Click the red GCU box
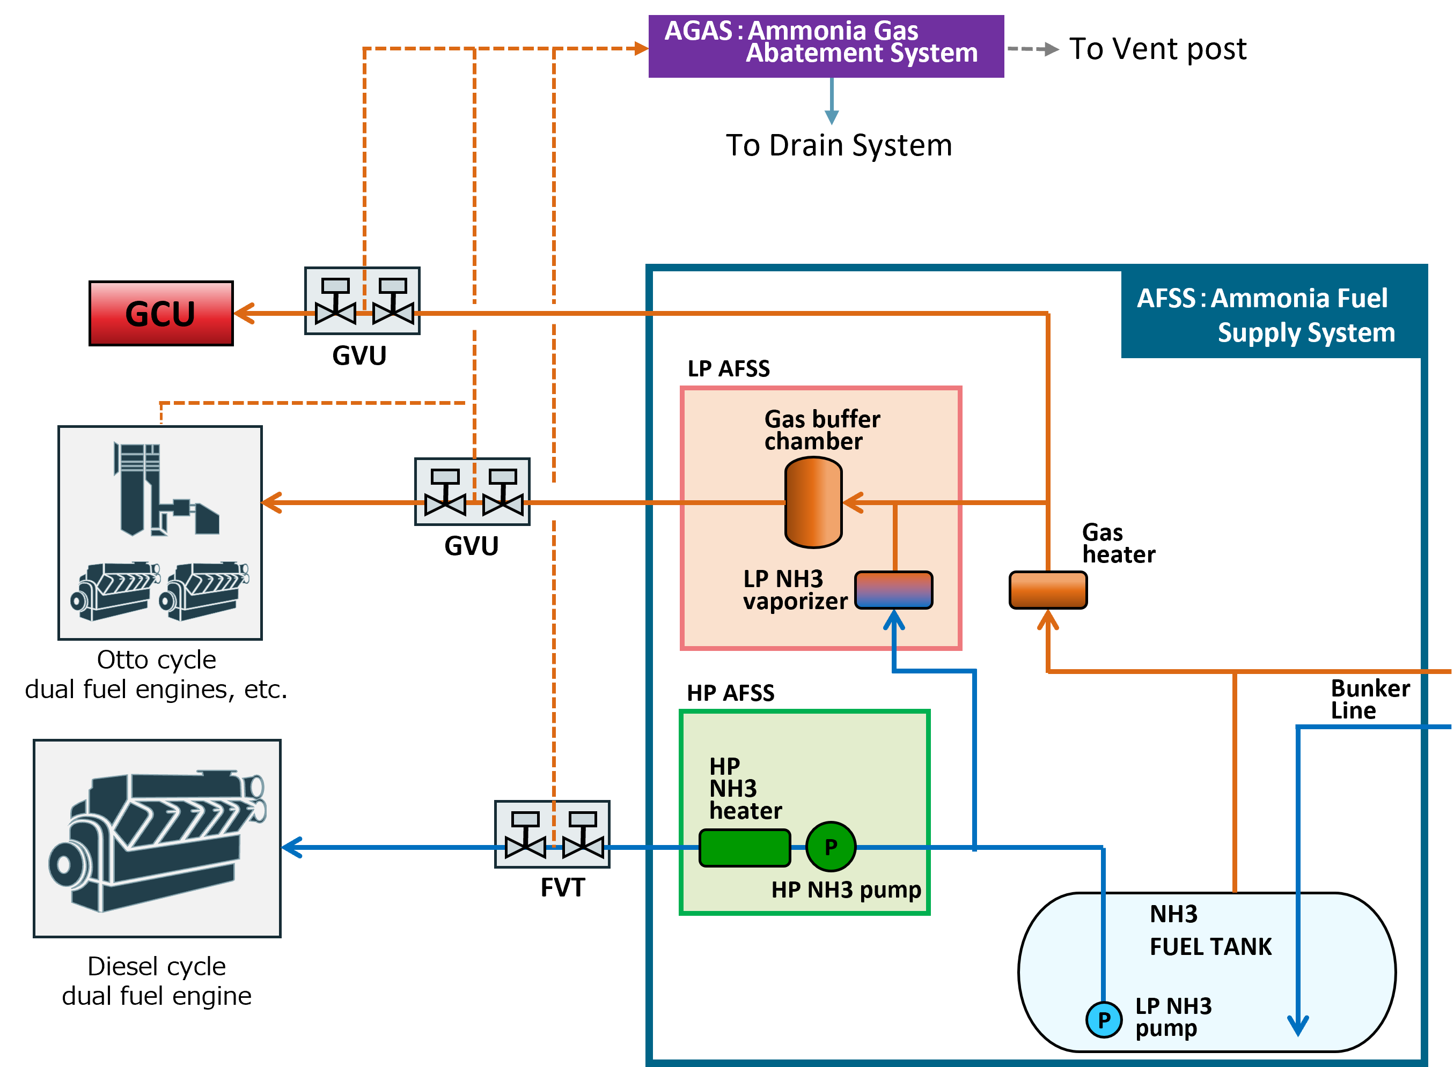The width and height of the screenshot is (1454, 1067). [161, 313]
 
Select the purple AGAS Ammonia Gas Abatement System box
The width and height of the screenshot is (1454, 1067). [825, 46]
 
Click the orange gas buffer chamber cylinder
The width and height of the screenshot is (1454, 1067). [813, 502]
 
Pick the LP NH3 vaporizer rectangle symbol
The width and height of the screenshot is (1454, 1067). [893, 590]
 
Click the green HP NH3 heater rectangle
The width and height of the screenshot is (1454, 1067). [745, 847]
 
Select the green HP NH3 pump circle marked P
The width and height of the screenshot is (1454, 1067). [831, 847]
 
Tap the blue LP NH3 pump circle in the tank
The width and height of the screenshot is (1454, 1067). [1103, 1020]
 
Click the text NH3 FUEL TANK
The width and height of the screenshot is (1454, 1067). [1209, 931]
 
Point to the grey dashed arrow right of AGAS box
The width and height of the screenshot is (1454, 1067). [1034, 49]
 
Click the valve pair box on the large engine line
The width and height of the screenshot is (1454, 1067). [553, 834]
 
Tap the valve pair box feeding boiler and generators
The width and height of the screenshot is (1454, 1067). [472, 492]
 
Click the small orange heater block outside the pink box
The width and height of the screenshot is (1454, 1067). [1047, 590]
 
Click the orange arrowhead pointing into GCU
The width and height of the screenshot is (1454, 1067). [244, 313]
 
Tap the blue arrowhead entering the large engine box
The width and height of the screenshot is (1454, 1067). [292, 847]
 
